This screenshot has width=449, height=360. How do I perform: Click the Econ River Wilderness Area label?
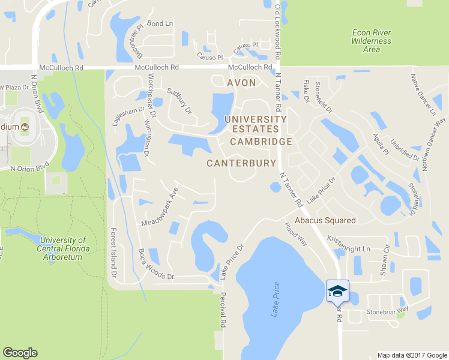tap(372, 41)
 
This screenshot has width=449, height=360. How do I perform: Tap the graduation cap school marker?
tap(337, 291)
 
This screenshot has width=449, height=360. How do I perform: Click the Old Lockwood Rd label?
tap(277, 33)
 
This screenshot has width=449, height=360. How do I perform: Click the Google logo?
tap(20, 353)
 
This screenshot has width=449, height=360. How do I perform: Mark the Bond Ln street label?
tap(160, 23)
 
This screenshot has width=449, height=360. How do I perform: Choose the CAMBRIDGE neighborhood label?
tap(261, 142)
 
